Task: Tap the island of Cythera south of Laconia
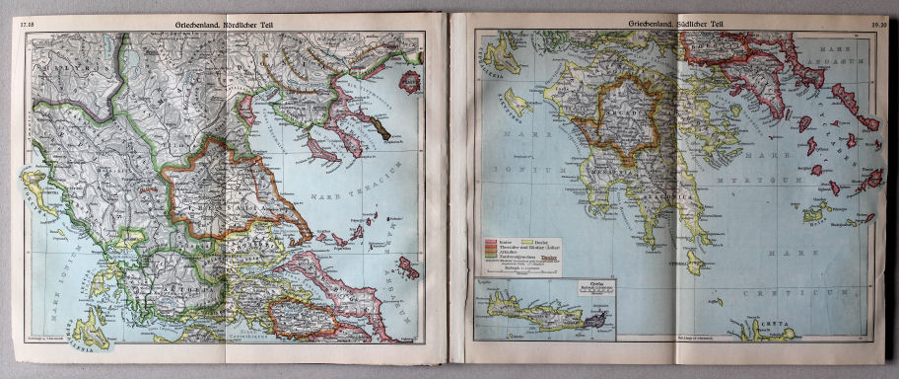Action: point(695,262)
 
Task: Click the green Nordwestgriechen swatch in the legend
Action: point(492,257)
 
